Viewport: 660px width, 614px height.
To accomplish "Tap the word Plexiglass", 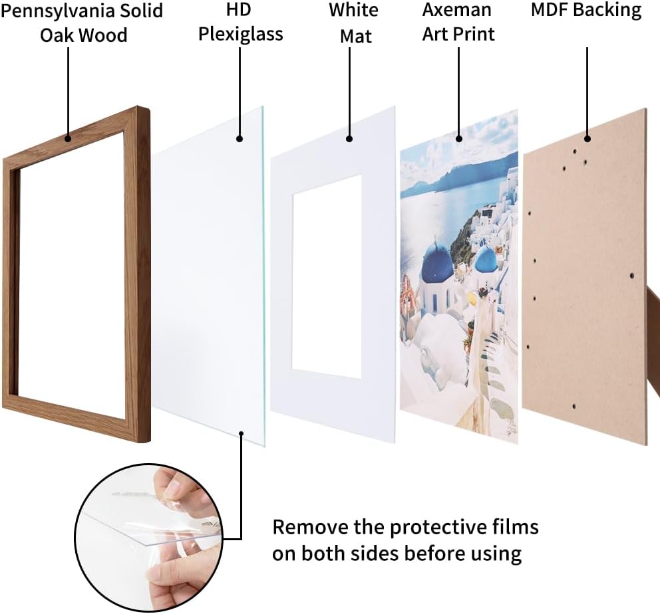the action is (241, 35).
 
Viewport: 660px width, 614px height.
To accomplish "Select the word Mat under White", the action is (356, 36).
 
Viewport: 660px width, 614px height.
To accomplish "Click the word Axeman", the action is (456, 10).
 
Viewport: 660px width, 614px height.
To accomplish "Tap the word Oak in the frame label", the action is (57, 35).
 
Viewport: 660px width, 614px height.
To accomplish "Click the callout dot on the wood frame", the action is (68, 138).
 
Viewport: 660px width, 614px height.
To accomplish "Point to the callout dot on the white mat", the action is (349, 139).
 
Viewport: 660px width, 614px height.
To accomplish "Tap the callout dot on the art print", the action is (459, 139).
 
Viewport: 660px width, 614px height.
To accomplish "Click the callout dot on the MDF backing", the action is (587, 139).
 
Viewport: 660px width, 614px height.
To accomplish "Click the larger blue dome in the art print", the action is (438, 260).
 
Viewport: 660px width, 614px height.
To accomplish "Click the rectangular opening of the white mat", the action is (327, 277).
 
